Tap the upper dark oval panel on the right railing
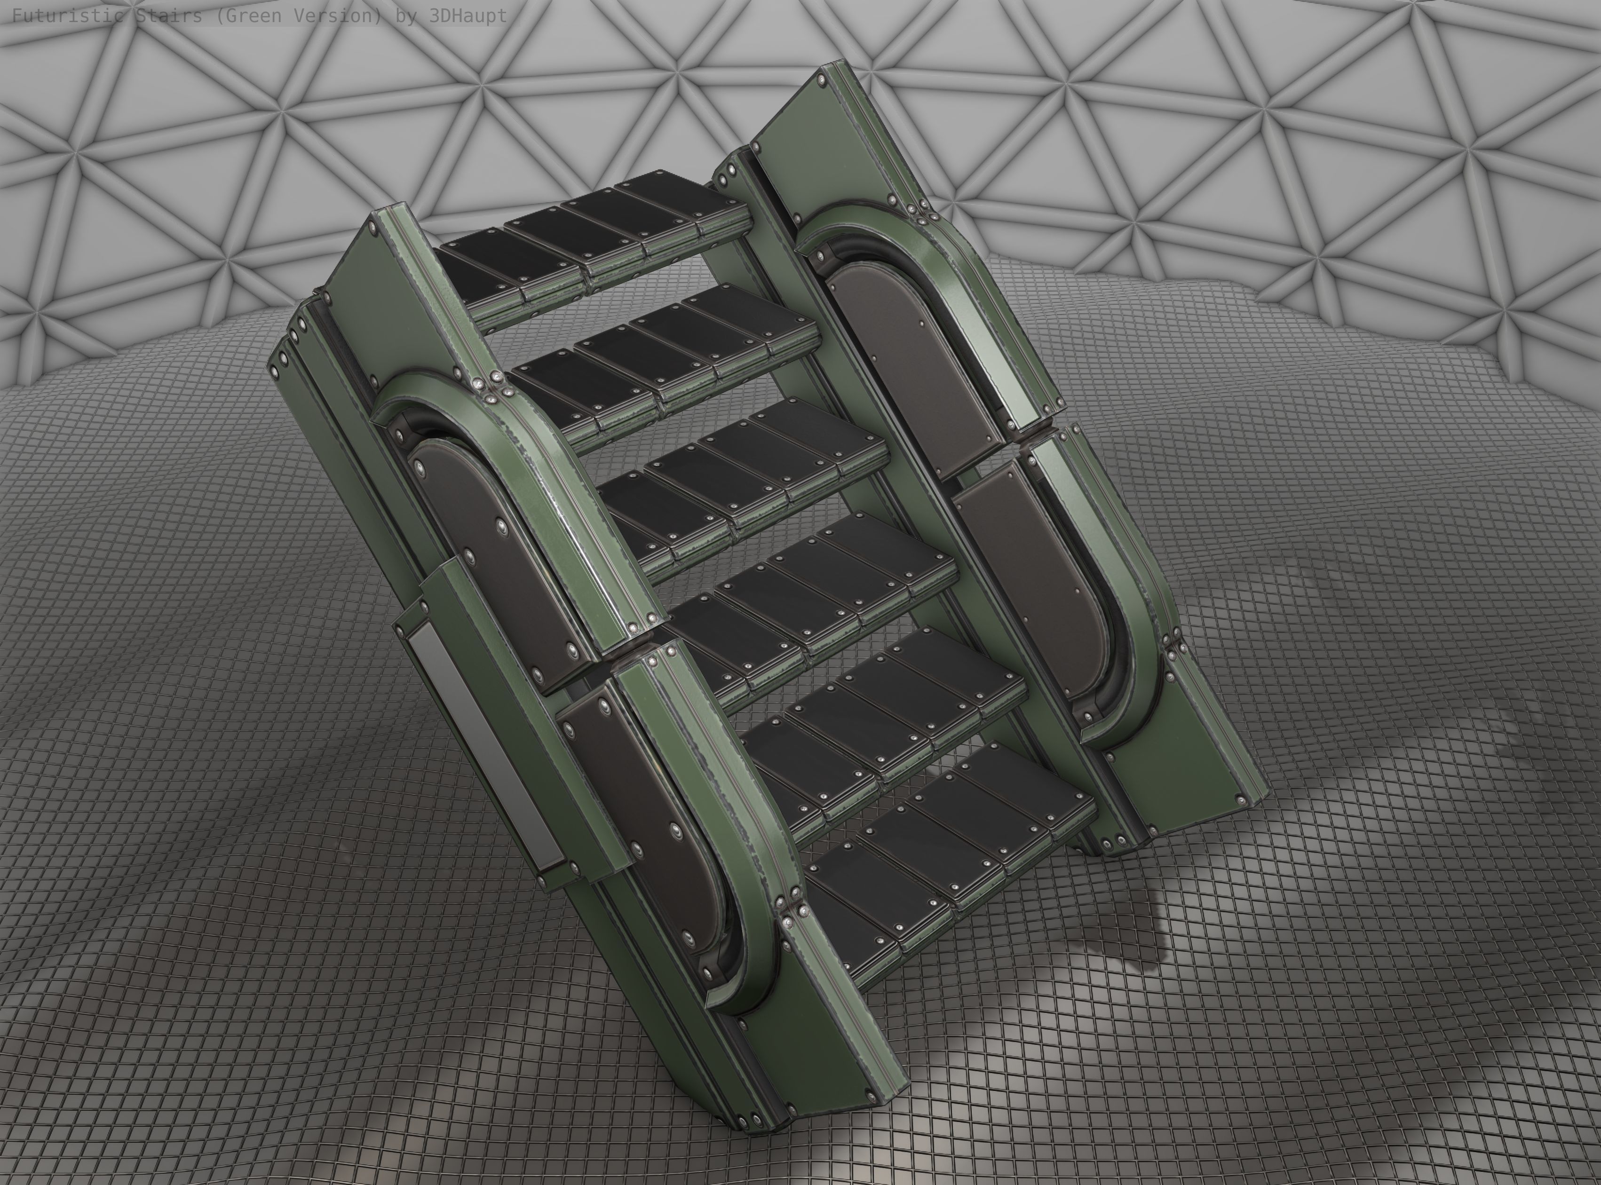911,359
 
